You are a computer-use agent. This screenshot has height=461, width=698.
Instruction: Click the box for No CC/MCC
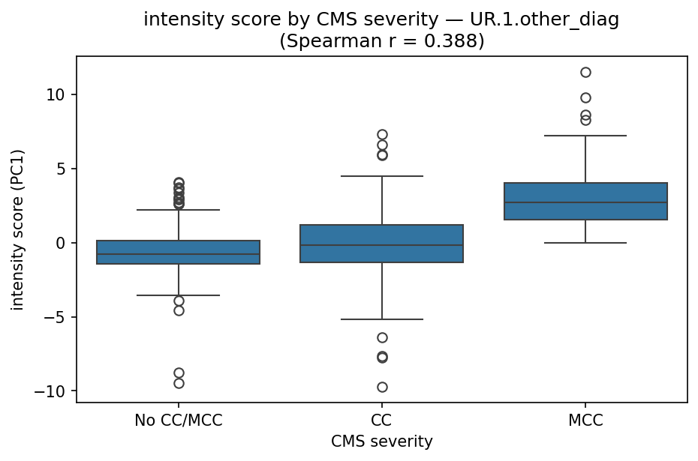click(179, 253)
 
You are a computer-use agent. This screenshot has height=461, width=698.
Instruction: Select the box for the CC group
click(382, 244)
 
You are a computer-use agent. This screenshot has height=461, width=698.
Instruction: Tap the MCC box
click(585, 201)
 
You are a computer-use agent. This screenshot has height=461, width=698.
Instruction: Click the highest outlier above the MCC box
click(585, 72)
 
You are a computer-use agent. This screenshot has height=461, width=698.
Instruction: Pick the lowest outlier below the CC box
click(382, 387)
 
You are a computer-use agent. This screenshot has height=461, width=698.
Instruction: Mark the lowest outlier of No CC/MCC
click(179, 383)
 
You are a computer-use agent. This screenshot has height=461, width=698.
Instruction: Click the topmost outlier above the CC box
click(382, 135)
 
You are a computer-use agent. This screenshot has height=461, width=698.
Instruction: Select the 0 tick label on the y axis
click(63, 243)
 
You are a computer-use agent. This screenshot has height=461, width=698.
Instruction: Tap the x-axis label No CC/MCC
click(179, 421)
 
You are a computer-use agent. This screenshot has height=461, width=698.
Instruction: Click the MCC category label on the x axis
click(585, 421)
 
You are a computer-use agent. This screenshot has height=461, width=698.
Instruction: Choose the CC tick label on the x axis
click(382, 421)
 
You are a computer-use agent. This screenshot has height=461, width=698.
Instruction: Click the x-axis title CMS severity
click(382, 442)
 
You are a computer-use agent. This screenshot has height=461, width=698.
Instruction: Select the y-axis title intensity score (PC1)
click(18, 229)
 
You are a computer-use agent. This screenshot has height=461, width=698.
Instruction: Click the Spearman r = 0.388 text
click(382, 40)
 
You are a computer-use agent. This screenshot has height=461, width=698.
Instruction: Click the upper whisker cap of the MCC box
click(585, 136)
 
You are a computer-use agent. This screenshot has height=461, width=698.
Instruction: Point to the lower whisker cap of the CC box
click(382, 319)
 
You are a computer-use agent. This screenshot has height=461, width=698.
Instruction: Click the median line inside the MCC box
click(585, 202)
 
